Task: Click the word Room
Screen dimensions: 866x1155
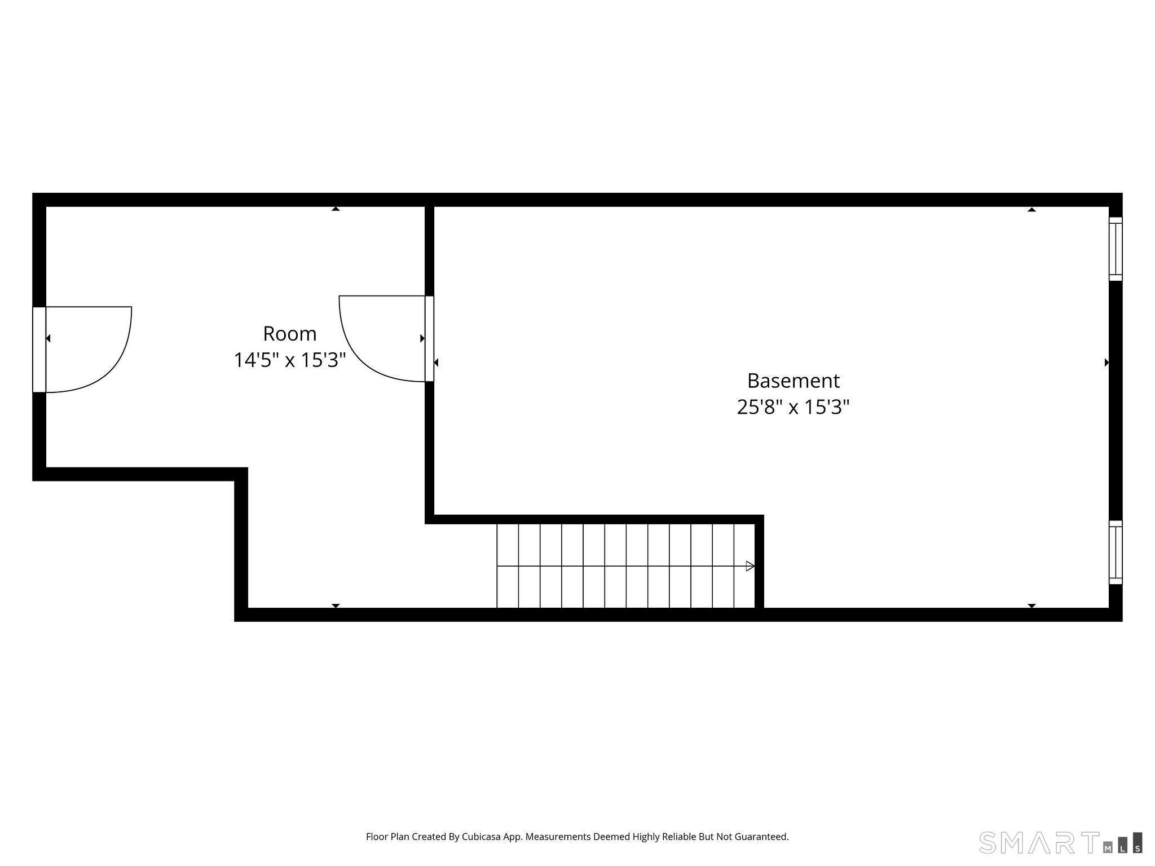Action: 289,334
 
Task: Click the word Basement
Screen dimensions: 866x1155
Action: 793,381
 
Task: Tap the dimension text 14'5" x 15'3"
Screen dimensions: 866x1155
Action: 289,360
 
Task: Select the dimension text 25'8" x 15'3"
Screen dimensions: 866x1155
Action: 793,407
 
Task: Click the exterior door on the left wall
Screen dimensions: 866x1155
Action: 39,350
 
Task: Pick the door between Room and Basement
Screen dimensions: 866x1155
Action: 429,338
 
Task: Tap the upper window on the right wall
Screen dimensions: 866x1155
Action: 1115,249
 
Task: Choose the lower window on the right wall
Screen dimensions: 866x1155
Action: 1115,552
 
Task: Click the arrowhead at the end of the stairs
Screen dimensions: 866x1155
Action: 750,566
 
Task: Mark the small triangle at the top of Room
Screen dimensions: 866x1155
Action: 336,209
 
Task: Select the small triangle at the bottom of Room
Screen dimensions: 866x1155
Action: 336,606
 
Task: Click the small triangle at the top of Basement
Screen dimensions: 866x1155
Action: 1031,210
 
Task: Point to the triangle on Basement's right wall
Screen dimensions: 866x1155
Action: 1106,363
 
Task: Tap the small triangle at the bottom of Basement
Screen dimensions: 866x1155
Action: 1031,606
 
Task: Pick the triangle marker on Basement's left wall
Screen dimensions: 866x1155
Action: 436,363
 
